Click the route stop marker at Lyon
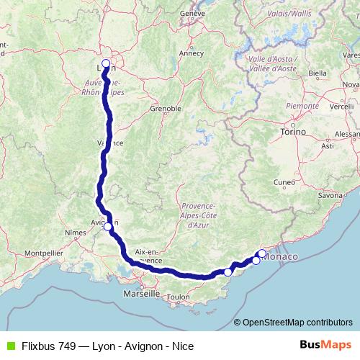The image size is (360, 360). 106,64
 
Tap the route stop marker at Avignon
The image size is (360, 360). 108,227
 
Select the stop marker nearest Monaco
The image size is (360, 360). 261,253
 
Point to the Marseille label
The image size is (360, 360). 141,294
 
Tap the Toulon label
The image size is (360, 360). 178,297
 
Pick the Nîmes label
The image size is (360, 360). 76,233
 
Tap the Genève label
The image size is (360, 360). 193,13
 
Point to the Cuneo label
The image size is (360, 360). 284,182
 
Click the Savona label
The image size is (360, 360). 330,195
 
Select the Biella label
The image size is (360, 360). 317,73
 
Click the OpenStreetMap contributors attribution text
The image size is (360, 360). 293,323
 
